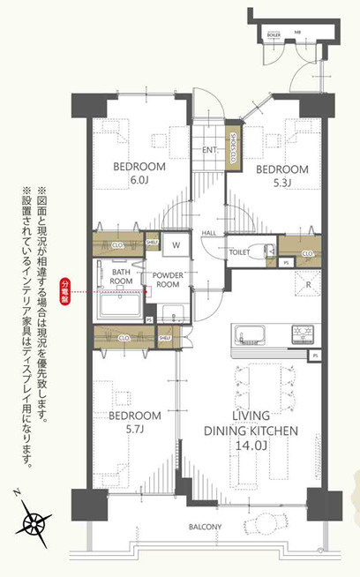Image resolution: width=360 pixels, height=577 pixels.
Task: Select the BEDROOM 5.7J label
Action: pos(135,421)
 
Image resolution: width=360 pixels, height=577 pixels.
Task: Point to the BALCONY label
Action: pos(205,528)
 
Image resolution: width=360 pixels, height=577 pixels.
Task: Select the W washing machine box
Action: pos(176,244)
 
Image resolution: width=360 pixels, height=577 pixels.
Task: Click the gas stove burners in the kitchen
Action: pos(302,334)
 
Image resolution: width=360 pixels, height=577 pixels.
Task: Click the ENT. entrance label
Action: pos(209,150)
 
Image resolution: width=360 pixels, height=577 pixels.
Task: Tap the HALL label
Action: pos(209,232)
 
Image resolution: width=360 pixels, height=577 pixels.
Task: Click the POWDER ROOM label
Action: pos(168,280)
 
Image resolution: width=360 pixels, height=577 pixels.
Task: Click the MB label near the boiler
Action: pos(297,33)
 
